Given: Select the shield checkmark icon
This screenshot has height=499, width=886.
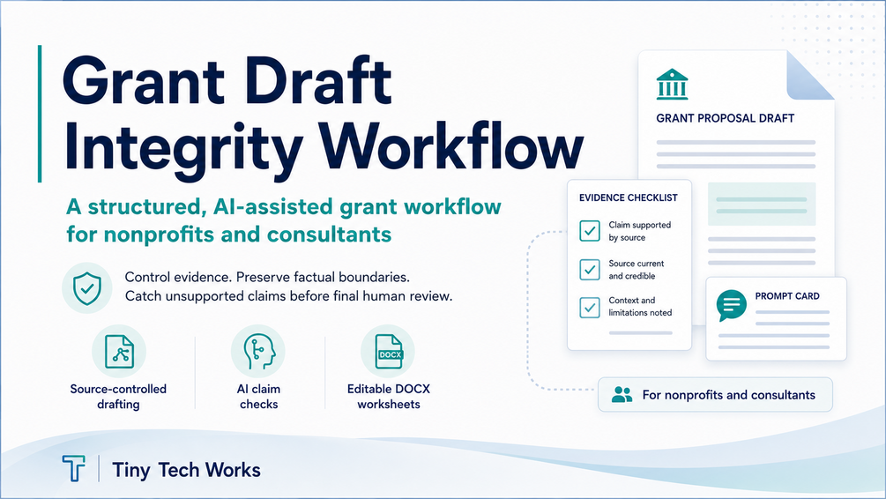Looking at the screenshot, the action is coord(87,287).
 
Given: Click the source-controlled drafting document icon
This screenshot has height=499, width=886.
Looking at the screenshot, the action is coord(119,352).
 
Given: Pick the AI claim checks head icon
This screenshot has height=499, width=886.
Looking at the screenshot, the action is coord(258,352).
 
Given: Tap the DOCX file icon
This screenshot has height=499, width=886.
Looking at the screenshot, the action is coord(388,352).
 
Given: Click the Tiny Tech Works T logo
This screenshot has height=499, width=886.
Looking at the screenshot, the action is coord(73,468).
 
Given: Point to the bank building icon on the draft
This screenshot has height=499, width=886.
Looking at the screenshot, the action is coord(672,85).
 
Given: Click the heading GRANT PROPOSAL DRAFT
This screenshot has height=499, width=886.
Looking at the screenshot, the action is coord(725,118).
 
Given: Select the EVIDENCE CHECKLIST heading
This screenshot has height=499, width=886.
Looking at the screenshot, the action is coord(629,197).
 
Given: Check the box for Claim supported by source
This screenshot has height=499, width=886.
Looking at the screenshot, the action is coord(590,231).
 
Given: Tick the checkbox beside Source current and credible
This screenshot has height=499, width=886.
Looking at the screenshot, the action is coord(590,270).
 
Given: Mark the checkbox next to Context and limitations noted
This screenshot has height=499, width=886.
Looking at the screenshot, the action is coord(590,308).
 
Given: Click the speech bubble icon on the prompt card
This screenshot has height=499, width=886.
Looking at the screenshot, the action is coord(731,305).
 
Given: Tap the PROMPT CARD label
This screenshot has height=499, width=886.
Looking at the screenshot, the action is coord(787,296).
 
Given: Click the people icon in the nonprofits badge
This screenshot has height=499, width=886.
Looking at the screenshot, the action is coord(622,394).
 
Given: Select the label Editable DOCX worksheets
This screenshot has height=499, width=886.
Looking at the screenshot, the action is coord(389,396).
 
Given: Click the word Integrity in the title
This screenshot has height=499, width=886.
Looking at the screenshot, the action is coord(183,149).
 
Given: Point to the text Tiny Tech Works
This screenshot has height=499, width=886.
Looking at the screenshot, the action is coord(187,470).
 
